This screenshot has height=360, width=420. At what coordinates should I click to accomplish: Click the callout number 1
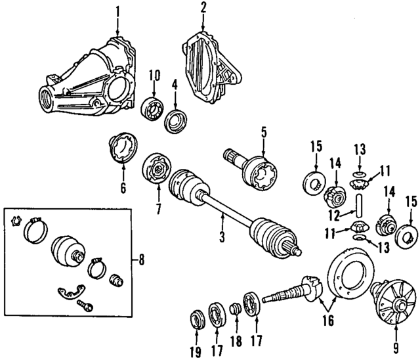117,11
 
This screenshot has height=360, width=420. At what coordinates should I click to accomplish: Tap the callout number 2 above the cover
203,9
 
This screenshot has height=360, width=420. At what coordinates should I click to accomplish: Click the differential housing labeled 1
92,76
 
